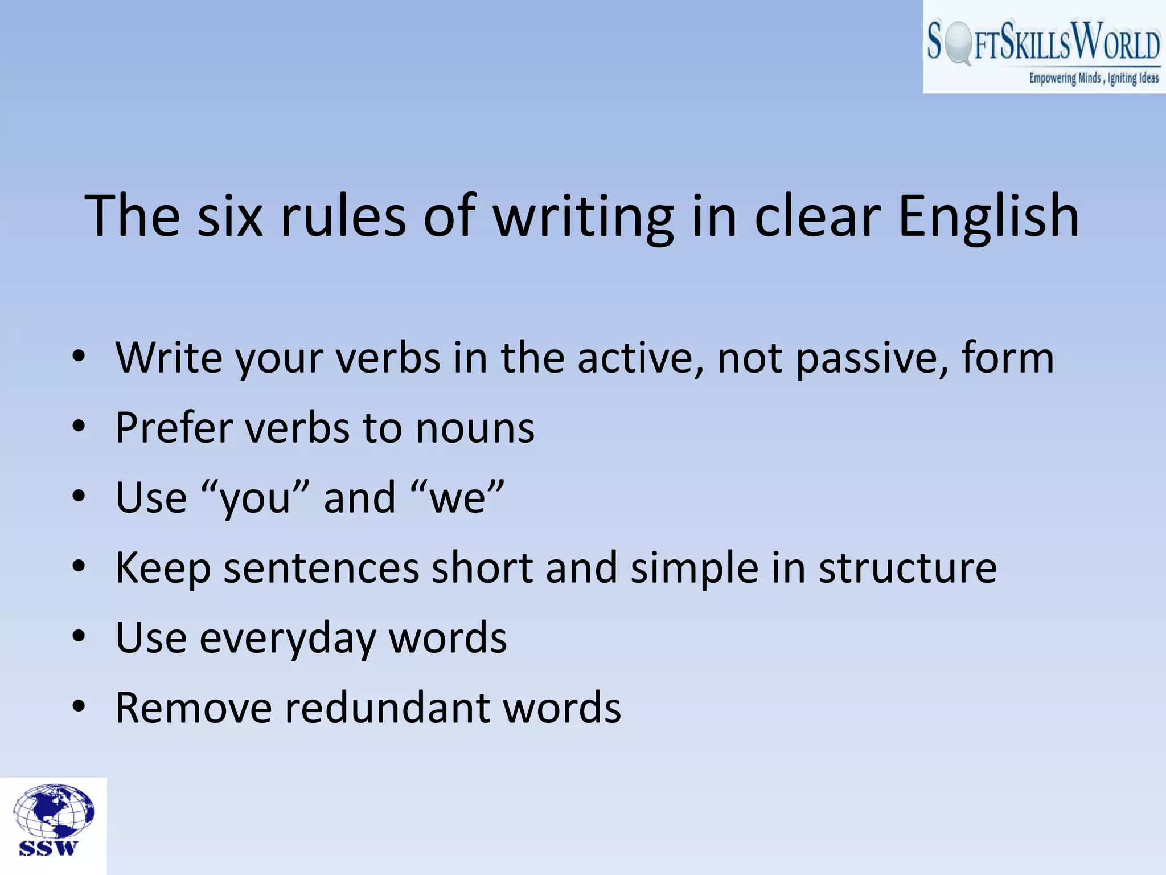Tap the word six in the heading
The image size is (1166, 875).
click(230, 216)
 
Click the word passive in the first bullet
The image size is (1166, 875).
click(871, 359)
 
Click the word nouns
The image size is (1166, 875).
click(475, 428)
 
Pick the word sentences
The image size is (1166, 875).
click(321, 569)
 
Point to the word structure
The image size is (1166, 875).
click(908, 569)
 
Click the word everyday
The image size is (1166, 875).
click(288, 639)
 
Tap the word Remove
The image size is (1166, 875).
click(194, 708)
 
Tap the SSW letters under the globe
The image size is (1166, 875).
click(48, 848)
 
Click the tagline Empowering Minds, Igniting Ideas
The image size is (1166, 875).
click(1093, 78)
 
